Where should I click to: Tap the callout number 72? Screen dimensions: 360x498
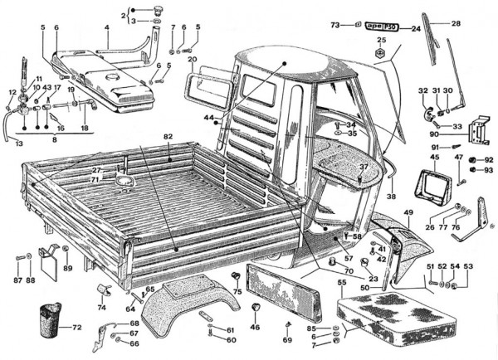[76, 328]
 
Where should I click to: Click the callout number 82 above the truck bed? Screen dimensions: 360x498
[168, 134]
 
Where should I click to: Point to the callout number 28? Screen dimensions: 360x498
[455, 23]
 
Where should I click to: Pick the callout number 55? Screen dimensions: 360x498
[341, 282]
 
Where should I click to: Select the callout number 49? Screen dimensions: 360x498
[408, 213]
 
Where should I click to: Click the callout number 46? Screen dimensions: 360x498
[255, 328]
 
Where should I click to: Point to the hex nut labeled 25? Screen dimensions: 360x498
[383, 54]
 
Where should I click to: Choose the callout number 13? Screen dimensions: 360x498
[17, 143]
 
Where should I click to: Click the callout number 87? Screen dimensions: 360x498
[17, 280]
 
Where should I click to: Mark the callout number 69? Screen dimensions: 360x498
[287, 339]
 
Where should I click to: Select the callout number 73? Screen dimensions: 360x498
[335, 26]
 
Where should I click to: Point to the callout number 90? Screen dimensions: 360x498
[434, 134]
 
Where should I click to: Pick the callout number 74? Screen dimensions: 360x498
[102, 307]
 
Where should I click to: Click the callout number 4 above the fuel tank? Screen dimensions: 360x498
[107, 27]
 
